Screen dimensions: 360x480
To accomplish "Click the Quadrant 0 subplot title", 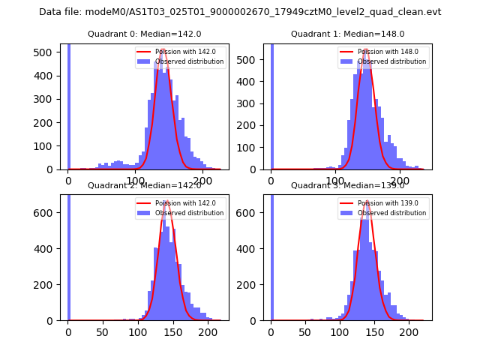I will pyautogui.click(x=144, y=34).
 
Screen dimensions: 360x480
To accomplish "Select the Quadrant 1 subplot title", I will pyautogui.click(x=347, y=34).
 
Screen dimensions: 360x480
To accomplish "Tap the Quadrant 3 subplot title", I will pyautogui.click(x=347, y=185).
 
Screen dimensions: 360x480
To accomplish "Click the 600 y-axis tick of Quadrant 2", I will pyautogui.click(x=49, y=213).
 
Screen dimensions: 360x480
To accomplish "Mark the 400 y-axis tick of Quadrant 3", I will pyautogui.click(x=252, y=249).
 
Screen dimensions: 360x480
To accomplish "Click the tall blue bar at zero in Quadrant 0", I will pyautogui.click(x=68, y=105).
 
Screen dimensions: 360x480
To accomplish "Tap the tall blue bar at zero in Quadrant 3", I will pyautogui.click(x=271, y=255).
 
